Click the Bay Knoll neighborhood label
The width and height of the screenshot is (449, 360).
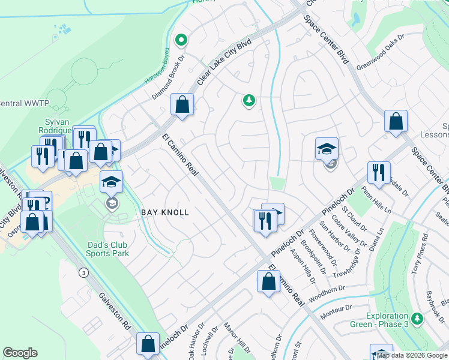click(x=165, y=212)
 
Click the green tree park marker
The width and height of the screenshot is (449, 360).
click(x=249, y=100)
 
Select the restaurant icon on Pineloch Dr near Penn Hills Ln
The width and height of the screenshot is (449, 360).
click(x=378, y=172)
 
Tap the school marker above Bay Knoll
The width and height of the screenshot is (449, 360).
click(x=111, y=181)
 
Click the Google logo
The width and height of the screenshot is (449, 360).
click(x=20, y=353)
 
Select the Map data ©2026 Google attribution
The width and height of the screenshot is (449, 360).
click(x=411, y=355)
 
